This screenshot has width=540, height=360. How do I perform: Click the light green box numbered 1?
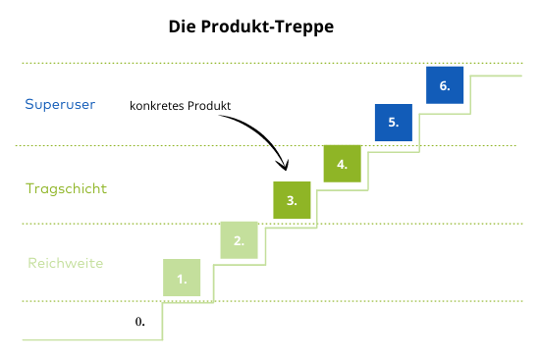pos(182,277)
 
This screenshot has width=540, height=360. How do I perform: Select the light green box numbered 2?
pos(239,239)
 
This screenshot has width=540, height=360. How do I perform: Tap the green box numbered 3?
pos(292,199)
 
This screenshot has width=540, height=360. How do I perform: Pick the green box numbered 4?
pos(343,163)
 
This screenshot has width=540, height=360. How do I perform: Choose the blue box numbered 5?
pos(394,123)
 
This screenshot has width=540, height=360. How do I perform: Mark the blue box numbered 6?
pos(445,85)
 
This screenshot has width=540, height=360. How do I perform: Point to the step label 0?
pos(139,321)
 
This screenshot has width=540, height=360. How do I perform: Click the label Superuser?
pos(60,104)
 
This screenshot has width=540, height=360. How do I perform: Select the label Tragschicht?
pos(66,187)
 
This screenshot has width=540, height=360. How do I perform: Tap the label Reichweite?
pos(65,263)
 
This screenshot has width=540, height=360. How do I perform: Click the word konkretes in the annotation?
pos(159,105)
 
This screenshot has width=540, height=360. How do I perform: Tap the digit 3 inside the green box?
pos(291,200)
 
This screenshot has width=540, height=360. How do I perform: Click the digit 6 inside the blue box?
pos(444,86)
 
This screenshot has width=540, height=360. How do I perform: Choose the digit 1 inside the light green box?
pos(181,279)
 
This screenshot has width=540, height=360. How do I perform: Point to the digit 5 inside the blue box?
pos(392,124)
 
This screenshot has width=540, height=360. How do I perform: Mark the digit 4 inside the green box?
pos(341,164)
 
